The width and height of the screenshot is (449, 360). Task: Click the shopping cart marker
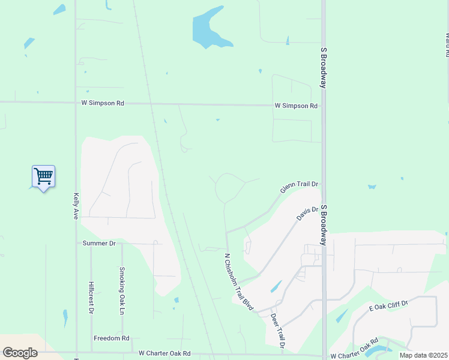click(43, 176)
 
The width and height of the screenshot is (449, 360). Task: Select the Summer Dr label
click(99, 243)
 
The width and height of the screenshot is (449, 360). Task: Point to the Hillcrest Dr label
click(91, 298)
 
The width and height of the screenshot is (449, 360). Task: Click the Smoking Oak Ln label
click(122, 291)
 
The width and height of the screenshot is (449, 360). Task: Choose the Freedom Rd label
click(112, 338)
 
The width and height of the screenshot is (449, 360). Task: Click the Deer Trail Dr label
click(277, 331)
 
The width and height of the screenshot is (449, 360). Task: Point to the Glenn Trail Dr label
click(298, 188)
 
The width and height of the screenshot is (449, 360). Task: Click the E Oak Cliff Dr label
click(388, 306)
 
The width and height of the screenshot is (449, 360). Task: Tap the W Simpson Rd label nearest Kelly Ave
click(103, 103)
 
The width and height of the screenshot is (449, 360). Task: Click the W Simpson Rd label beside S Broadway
click(296, 106)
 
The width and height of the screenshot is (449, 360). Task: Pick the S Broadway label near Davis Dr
click(324, 224)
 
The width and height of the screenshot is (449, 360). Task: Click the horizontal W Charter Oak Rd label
click(164, 354)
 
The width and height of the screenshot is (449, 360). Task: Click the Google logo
click(20, 353)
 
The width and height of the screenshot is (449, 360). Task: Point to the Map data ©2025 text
click(423, 355)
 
